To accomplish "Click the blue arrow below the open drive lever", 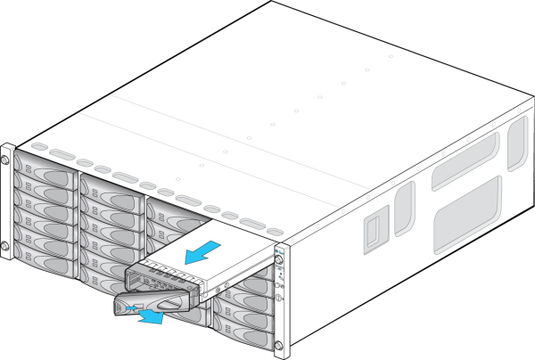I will pyautogui.click(x=151, y=315).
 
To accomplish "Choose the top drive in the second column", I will pyautogui.click(x=109, y=188).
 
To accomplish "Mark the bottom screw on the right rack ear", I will pyautogui.click(x=277, y=344).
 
